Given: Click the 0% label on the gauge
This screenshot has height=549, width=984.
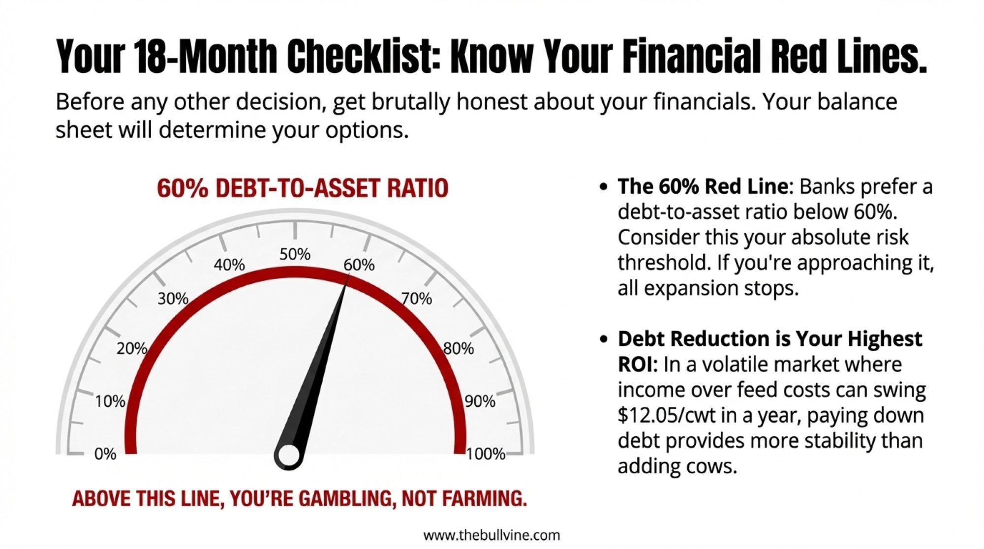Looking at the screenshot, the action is (x=105, y=454).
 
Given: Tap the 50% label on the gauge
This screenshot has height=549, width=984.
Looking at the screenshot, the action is (x=295, y=254).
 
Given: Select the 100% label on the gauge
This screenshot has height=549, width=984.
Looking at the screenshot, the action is (x=486, y=454).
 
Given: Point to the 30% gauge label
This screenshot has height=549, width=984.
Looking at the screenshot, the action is (x=173, y=298).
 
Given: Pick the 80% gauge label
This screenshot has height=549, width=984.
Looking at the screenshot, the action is (x=459, y=348).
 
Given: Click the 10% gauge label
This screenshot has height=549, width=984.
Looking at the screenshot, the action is (x=110, y=401).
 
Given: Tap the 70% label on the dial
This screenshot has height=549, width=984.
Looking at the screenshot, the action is (x=417, y=298).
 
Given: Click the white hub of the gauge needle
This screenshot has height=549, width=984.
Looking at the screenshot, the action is (x=289, y=455).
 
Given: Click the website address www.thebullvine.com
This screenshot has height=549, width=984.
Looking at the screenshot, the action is (x=492, y=535).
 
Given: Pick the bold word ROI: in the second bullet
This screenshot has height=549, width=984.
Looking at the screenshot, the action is (x=638, y=365).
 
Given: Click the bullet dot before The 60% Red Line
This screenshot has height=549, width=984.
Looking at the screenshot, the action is (x=604, y=187).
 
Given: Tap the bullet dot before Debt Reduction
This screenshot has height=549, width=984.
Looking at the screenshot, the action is (x=604, y=339).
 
